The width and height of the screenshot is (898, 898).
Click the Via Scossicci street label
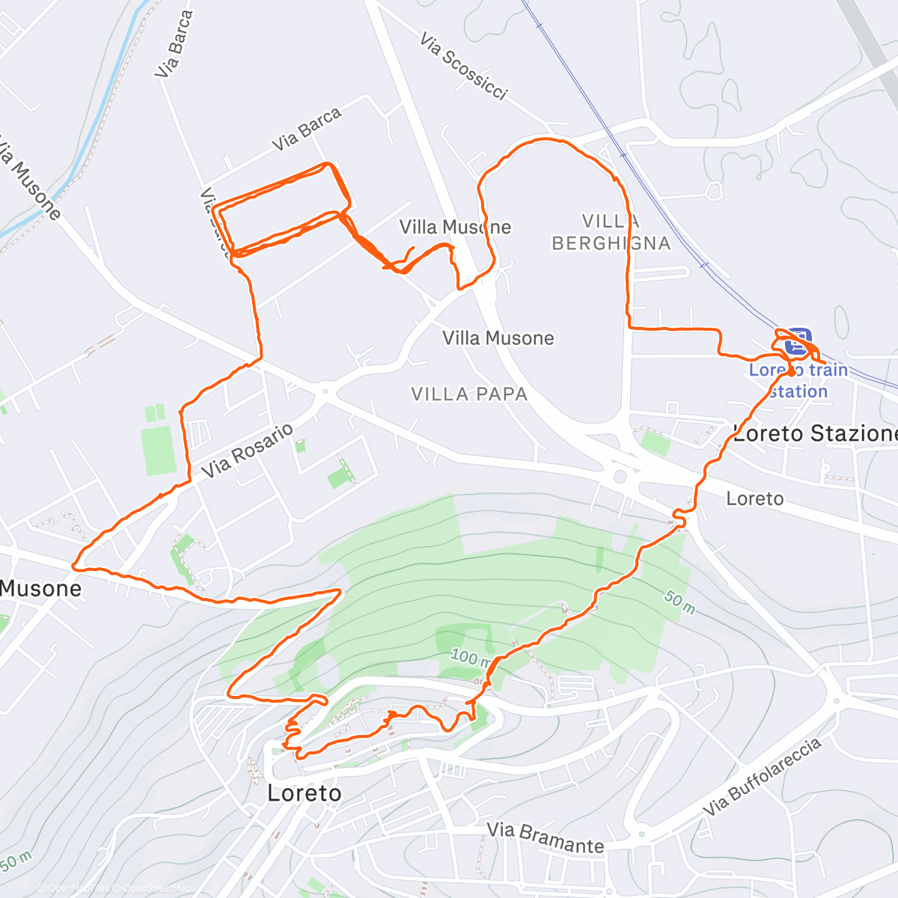coord(463,66)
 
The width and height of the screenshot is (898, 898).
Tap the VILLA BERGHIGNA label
coord(611,232)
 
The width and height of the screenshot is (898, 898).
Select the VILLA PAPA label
coord(469,394)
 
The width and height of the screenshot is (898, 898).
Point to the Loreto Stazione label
coord(814,433)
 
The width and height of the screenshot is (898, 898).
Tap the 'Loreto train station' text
coord(798,380)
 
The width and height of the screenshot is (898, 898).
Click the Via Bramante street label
coord(545,837)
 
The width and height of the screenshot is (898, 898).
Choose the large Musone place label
coord(41,588)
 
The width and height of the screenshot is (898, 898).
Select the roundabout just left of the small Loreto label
coord(620,476)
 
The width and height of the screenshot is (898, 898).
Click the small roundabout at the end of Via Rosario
coord(325,390)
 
